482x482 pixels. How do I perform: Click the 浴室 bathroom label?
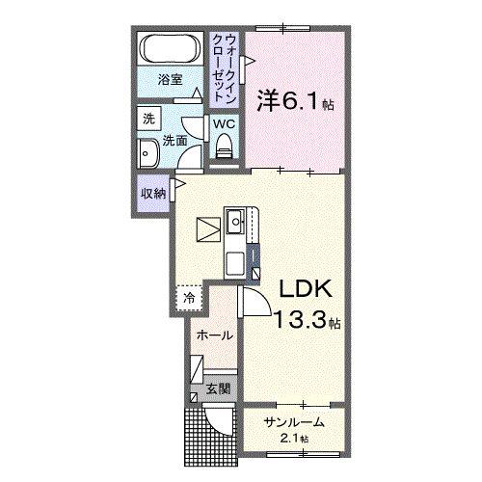point(170,82)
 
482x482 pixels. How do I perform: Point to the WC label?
point(223,123)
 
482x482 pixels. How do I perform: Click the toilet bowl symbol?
point(224,147)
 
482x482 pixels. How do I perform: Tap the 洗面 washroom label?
point(174,140)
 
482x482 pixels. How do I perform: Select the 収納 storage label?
point(152,193)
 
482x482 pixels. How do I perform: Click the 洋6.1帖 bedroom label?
point(294,99)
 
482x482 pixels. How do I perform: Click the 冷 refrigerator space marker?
point(189,298)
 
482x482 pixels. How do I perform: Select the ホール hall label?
point(213,335)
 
